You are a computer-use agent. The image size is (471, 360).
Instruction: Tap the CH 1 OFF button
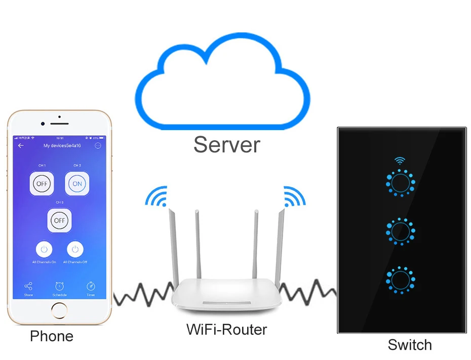click(42, 183)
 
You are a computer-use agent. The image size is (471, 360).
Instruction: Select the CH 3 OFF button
click(59, 220)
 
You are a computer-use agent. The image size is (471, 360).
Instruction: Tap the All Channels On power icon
click(45, 249)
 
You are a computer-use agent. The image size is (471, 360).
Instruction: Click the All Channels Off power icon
click(75, 249)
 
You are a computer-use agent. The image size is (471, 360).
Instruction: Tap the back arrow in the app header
click(21, 146)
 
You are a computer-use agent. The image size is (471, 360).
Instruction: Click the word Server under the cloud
click(226, 144)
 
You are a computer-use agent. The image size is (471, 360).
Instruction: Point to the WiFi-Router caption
click(226, 330)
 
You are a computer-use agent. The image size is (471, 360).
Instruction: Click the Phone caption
click(52, 336)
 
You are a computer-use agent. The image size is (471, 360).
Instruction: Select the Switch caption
click(409, 345)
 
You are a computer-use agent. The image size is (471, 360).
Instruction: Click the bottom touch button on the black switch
click(401, 279)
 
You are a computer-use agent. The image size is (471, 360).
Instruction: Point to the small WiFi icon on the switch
click(400, 161)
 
